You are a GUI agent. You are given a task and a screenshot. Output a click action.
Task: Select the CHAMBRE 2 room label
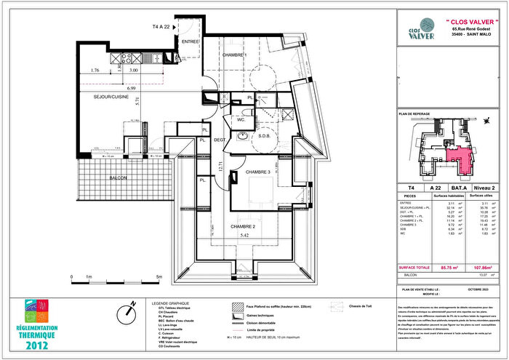click(x=244, y=227)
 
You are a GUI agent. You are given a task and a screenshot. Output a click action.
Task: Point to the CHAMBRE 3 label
click(x=257, y=172)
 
